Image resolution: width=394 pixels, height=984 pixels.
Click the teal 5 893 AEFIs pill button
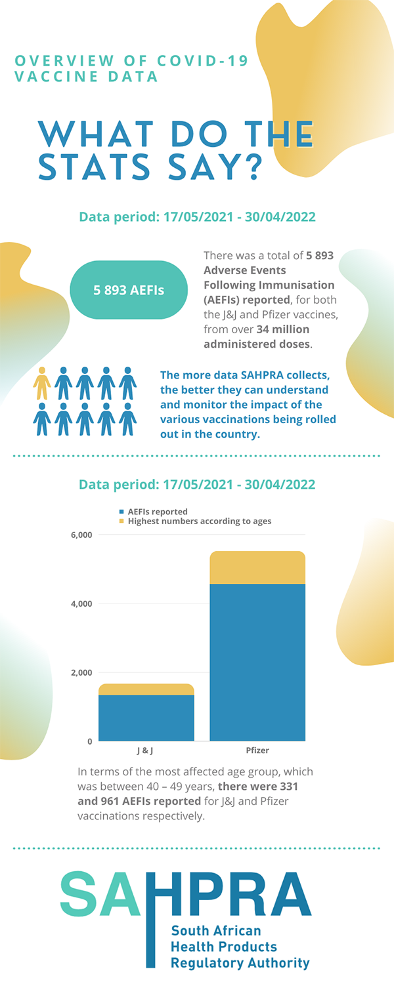click(129, 290)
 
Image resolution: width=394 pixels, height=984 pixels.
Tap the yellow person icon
click(42, 384)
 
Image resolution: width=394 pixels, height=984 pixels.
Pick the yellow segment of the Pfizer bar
click(257, 567)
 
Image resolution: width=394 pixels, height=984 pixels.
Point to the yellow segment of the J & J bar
click(146, 689)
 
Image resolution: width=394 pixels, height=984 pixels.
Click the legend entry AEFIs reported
click(157, 512)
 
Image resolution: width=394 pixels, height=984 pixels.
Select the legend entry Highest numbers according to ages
click(199, 521)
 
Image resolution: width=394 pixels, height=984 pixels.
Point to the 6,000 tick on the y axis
click(81, 535)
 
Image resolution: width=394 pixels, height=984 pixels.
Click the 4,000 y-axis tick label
click(81, 604)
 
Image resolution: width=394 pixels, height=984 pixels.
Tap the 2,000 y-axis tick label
click(81, 672)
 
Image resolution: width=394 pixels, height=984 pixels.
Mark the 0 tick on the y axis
click(90, 741)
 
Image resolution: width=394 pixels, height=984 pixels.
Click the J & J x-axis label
click(146, 750)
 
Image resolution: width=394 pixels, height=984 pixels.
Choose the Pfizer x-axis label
click(257, 750)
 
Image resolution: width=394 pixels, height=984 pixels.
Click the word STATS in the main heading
click(92, 167)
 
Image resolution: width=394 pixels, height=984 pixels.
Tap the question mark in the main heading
click(248, 167)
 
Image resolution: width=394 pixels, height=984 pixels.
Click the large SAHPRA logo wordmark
click(186, 895)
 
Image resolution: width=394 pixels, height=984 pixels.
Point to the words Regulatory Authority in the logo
click(240, 963)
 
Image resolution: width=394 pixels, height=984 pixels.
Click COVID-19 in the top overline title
click(203, 62)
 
